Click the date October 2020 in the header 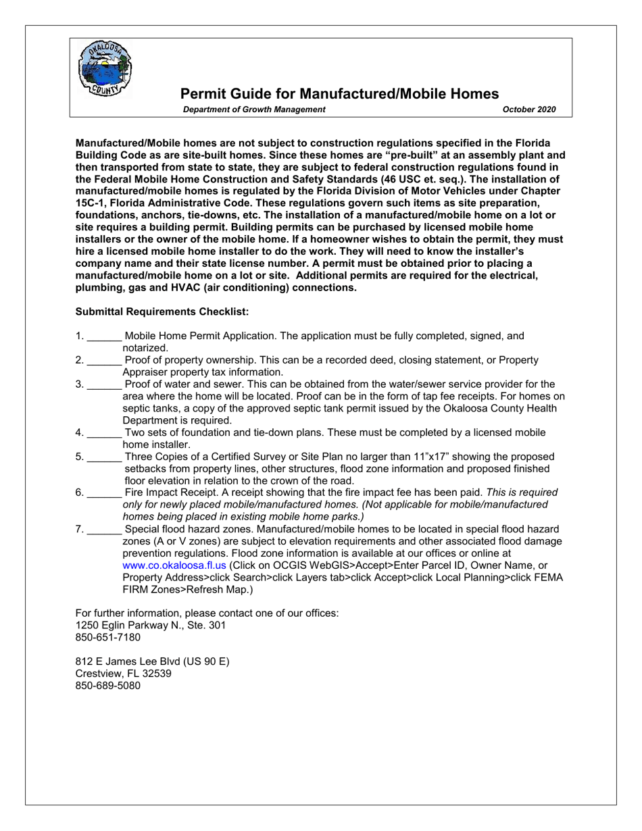click(529, 109)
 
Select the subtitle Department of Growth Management click(254, 109)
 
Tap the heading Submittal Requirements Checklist click(162, 311)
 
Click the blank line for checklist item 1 click(105, 336)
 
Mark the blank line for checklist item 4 click(105, 433)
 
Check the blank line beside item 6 click(105, 493)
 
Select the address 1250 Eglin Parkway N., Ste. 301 click(151, 625)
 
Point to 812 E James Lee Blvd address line click(152, 661)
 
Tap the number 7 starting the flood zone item click(79, 529)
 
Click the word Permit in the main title click(201, 94)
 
